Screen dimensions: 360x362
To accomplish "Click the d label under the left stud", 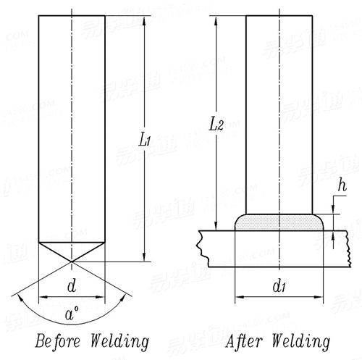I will pos(72,286).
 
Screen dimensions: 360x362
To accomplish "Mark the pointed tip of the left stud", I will pos(72,260).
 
